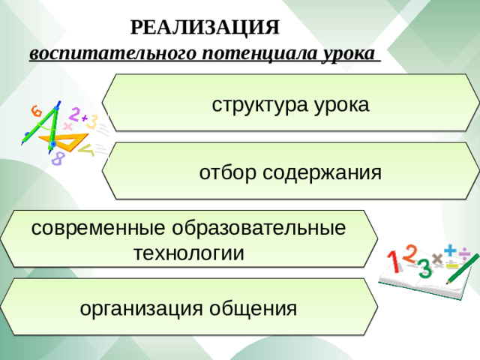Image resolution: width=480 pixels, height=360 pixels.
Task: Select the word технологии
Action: click(x=188, y=253)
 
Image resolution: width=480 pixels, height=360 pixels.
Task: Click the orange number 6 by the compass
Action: click(x=36, y=111)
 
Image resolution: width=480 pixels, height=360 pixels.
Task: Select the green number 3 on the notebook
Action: click(x=424, y=267)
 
